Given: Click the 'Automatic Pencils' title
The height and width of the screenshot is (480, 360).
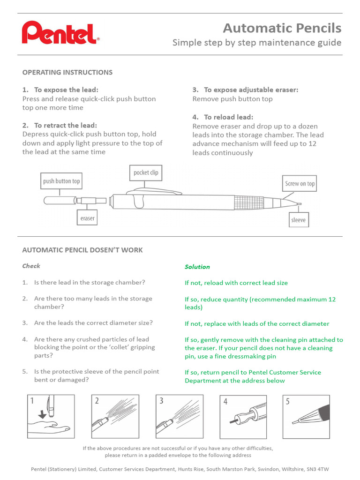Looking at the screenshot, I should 282,28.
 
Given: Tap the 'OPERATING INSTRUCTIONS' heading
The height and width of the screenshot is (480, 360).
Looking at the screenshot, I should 67,72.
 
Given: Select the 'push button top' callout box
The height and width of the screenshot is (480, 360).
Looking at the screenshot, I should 61,181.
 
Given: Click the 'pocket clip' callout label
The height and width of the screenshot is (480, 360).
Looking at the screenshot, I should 146,172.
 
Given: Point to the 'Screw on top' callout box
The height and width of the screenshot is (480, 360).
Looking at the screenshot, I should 300,184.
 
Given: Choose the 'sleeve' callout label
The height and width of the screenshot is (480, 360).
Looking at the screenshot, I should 298,219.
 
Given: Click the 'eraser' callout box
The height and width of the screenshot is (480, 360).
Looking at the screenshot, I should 87,218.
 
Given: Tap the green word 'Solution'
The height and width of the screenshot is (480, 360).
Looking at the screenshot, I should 197,267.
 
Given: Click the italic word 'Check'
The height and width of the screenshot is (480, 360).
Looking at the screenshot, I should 31,266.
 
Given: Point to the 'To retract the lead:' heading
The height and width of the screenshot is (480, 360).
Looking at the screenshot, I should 65,126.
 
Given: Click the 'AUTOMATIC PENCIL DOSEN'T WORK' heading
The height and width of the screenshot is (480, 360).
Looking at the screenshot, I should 82,250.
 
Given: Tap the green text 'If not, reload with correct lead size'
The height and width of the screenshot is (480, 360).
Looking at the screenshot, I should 236,283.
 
